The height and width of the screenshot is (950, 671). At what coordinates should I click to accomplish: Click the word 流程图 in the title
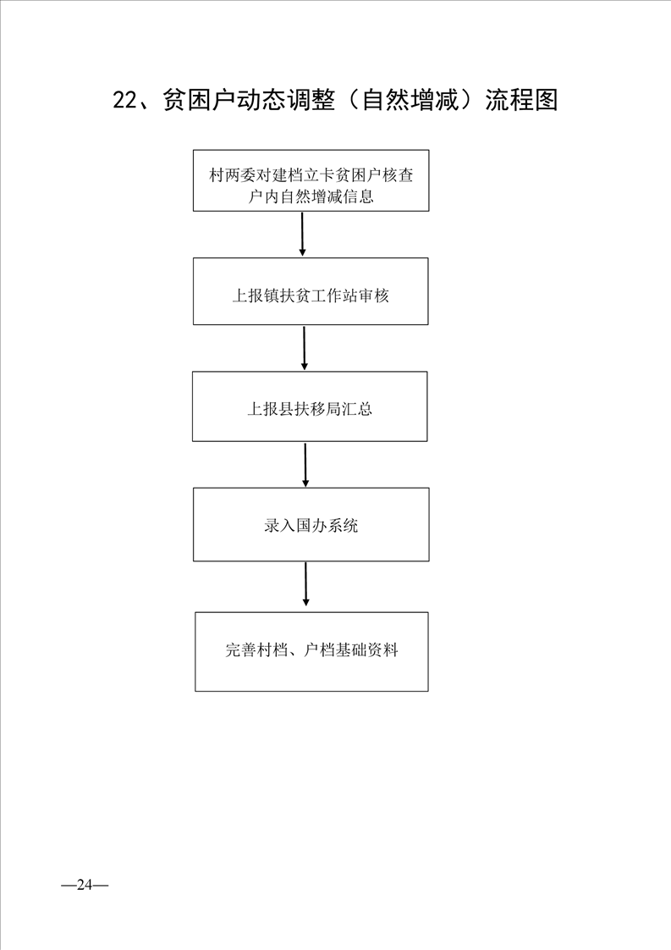click(x=521, y=100)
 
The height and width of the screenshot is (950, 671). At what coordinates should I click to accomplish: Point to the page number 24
click(x=85, y=885)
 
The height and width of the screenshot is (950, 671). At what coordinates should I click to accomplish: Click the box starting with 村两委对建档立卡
click(x=311, y=180)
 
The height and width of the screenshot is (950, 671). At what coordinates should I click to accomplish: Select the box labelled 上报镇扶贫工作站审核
click(x=311, y=291)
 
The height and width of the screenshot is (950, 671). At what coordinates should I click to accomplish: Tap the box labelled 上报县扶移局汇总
click(x=310, y=406)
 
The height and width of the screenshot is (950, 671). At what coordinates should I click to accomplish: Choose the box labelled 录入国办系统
click(x=311, y=525)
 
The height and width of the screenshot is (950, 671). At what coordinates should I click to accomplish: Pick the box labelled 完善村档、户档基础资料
click(x=311, y=652)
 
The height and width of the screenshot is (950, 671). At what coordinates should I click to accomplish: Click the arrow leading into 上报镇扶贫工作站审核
click(x=302, y=234)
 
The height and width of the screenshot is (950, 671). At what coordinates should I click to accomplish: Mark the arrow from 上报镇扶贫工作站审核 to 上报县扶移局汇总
click(x=304, y=348)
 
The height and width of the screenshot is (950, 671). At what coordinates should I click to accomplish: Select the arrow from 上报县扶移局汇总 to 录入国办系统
click(x=305, y=465)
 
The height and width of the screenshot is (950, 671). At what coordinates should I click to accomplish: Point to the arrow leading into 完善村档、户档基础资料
click(x=305, y=584)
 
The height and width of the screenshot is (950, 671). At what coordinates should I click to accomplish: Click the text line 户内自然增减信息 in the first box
click(x=311, y=196)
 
